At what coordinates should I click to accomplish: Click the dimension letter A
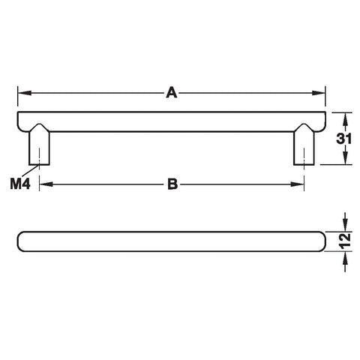tap(172, 92)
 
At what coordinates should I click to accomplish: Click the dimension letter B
tap(172, 184)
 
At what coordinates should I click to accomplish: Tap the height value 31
tap(343, 139)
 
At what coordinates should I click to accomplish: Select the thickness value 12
tap(346, 241)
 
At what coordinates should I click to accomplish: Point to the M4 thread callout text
tap(20, 184)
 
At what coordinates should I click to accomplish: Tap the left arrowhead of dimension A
tap(25, 93)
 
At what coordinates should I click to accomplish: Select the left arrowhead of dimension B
tap(46, 184)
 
